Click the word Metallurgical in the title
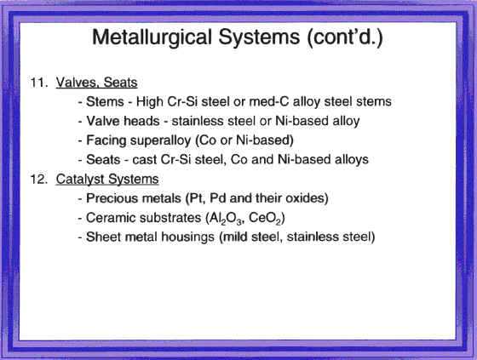(x=152, y=38)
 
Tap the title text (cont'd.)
(x=345, y=37)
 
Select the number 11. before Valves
(x=39, y=83)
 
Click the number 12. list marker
(x=39, y=179)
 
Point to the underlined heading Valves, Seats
(x=97, y=83)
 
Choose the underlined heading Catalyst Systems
(x=107, y=180)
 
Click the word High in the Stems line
(x=149, y=102)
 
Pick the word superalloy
(x=160, y=140)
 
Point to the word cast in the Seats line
(x=144, y=160)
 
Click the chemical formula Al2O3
(x=226, y=219)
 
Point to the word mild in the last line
(x=233, y=237)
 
